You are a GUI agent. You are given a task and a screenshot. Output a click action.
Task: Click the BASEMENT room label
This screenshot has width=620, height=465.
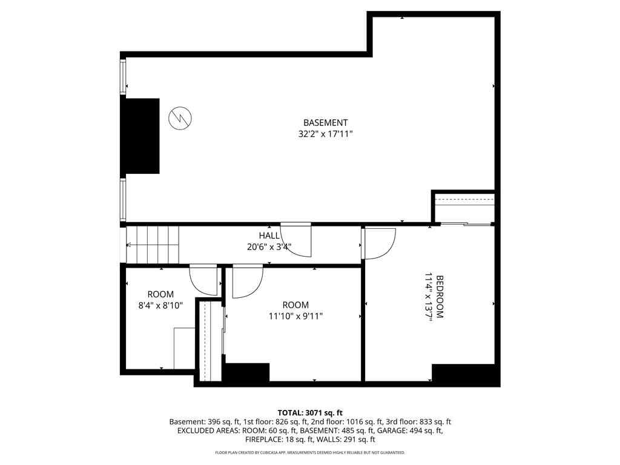325,122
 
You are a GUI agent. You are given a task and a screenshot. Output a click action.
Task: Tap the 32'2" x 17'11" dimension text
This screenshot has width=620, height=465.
325,134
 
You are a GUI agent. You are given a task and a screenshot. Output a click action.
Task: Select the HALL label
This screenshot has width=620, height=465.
269,236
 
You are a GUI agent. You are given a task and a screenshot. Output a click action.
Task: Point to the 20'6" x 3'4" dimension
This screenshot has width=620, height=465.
269,247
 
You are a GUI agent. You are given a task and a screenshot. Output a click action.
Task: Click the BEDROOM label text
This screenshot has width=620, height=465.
440,297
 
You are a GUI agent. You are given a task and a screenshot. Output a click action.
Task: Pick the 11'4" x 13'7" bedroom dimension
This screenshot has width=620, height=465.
428,297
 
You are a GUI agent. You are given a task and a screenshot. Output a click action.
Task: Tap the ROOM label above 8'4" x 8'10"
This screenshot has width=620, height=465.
160,294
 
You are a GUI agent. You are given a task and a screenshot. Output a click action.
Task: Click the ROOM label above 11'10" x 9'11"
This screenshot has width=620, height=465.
295,305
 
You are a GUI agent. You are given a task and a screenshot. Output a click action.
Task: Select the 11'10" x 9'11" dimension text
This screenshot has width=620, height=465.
295,316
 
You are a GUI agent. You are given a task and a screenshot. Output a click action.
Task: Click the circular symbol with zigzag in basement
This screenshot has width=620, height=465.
180,118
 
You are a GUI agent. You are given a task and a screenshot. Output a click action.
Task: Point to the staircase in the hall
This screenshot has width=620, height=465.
153,245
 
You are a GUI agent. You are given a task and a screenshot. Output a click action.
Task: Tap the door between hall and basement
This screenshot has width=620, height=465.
296,240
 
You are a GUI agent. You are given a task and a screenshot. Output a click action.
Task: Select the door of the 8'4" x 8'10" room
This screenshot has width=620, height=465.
203,280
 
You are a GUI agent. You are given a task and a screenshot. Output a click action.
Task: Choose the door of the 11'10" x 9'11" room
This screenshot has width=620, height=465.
248,281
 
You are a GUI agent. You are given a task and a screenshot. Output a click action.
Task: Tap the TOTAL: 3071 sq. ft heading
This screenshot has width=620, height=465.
310,414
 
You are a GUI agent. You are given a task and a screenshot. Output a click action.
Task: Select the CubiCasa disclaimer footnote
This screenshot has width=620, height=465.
310,452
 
